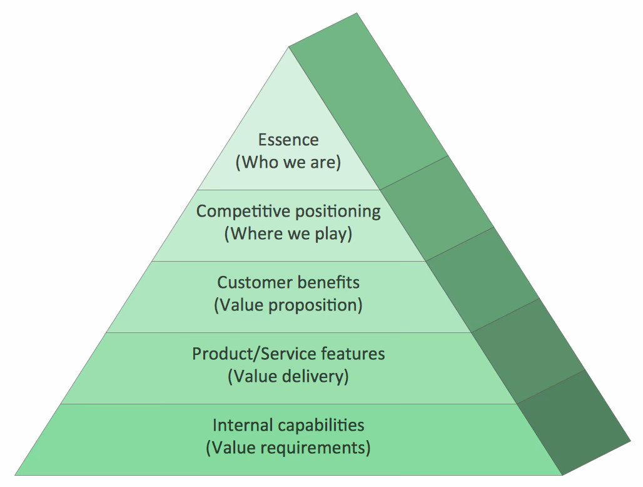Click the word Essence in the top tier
coord(288,140)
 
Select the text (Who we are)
coord(288,162)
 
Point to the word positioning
coord(334,211)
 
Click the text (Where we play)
coord(288,234)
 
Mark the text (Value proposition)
coord(288,305)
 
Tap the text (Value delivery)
coord(288,377)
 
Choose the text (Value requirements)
coord(288,448)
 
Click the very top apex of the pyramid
coord(289,47)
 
